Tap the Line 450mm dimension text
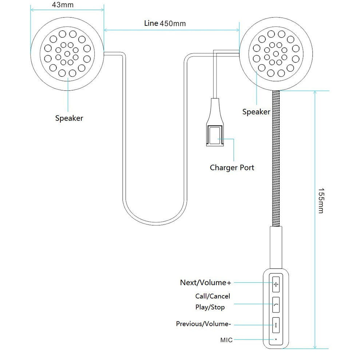click(165, 24)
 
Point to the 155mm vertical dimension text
click(321, 201)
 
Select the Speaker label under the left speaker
click(69, 118)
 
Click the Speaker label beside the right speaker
click(256, 112)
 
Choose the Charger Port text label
click(232, 168)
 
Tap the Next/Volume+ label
click(206, 282)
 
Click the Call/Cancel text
click(213, 296)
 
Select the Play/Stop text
click(210, 307)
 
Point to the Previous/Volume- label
click(203, 324)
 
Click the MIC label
click(226, 340)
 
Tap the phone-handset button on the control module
click(276, 305)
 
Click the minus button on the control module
click(276, 325)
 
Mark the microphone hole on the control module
click(276, 340)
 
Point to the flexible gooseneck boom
click(276, 157)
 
